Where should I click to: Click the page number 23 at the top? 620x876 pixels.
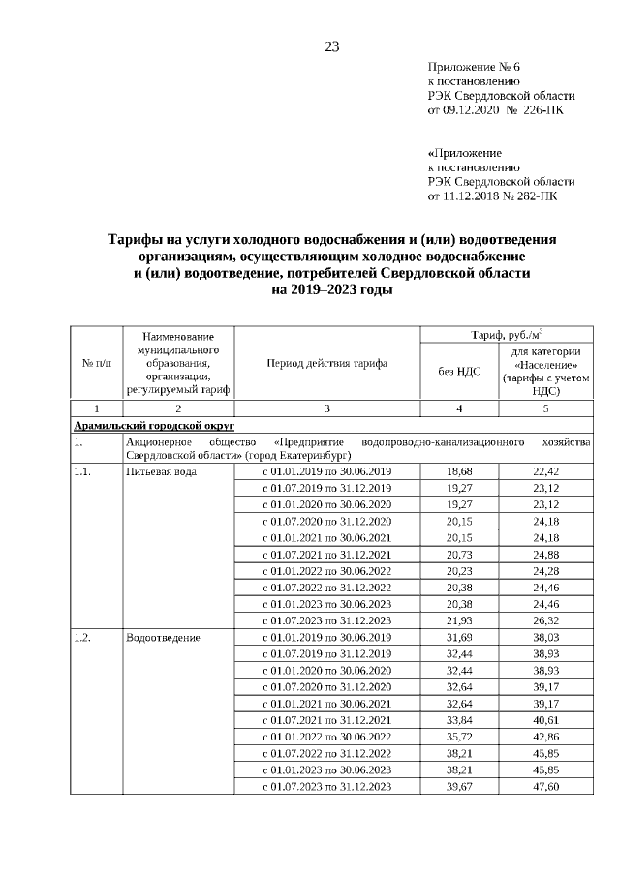[331, 46]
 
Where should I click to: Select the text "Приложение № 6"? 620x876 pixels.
[474, 67]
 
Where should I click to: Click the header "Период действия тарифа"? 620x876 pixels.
[326, 364]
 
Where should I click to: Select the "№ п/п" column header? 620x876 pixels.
[95, 364]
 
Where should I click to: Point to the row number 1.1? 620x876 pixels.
[84, 471]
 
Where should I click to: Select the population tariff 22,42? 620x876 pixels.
[545, 471]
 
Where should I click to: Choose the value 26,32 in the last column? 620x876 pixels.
[545, 620]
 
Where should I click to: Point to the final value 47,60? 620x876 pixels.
[545, 787]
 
